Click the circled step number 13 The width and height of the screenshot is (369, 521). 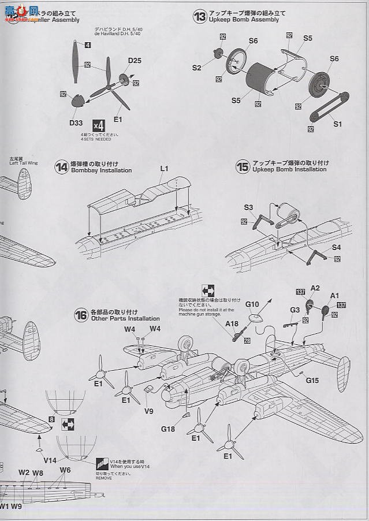point(200,17)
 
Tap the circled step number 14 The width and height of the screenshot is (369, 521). point(61,168)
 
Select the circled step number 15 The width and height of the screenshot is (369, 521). point(243,167)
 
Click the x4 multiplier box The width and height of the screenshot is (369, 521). point(98,125)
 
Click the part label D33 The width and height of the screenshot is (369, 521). point(76,122)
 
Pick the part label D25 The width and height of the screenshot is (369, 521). point(135,61)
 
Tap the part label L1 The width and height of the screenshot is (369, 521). point(164,169)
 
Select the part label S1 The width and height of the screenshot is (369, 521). point(338,124)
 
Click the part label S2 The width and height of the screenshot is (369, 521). point(197,68)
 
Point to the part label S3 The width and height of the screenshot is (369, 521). point(249,207)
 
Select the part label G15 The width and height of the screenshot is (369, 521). point(312,380)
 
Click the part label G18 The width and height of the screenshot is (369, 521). point(168,428)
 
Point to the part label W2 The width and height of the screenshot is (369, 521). point(24,472)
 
